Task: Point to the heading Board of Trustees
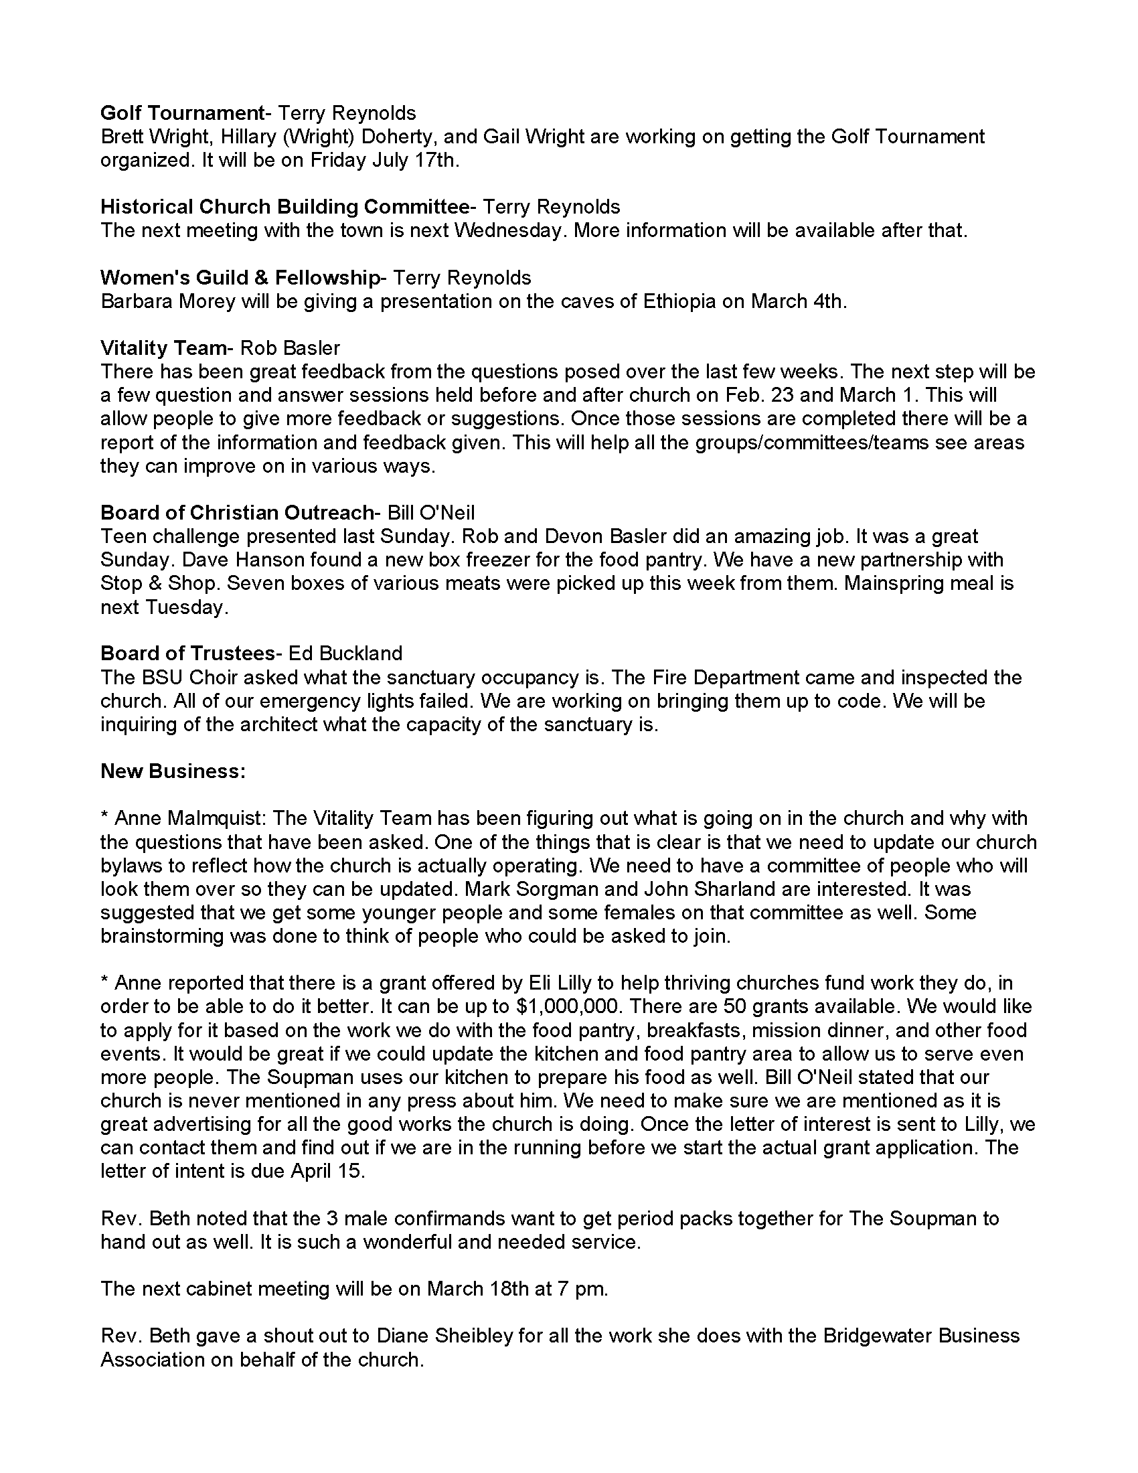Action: pyautogui.click(x=187, y=653)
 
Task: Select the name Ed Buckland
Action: pyautogui.click(x=345, y=653)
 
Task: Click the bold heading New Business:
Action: pyautogui.click(x=173, y=771)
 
